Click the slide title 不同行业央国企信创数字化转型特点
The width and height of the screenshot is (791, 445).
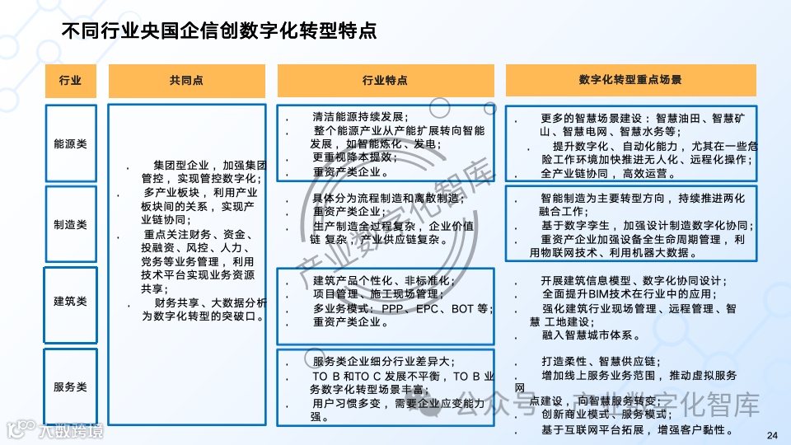[219, 31]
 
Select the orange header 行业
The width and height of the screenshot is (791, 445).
[70, 81]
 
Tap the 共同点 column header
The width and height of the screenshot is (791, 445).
[187, 81]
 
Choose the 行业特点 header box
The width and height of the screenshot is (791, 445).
[385, 81]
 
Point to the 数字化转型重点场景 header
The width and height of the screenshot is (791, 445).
[630, 81]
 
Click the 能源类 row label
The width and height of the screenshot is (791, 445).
[70, 143]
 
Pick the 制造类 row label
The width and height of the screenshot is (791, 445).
[70, 224]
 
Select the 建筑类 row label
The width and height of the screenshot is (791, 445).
[70, 301]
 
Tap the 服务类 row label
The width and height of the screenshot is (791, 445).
[70, 386]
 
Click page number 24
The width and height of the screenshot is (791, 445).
[771, 436]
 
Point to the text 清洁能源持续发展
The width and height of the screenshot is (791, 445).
[360, 116]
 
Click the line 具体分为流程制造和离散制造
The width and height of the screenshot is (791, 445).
[389, 198]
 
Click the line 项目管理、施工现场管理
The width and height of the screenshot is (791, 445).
[376, 294]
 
